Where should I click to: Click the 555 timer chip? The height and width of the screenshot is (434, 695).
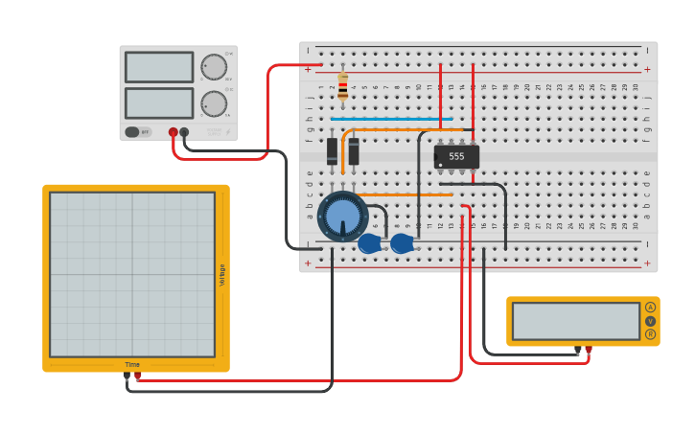[456, 156]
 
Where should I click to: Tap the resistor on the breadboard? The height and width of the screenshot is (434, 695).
[343, 87]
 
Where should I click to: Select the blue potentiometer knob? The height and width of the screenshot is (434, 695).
[342, 216]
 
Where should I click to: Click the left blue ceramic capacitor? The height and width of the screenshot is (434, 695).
[369, 244]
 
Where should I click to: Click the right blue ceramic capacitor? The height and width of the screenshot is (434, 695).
[402, 244]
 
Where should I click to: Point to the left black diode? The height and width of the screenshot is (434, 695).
[333, 150]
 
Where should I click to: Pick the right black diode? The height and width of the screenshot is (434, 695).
[354, 150]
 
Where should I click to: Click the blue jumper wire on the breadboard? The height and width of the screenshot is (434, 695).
[391, 120]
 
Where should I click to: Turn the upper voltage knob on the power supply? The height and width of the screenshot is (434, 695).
[214, 67]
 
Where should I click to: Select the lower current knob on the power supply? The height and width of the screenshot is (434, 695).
[214, 103]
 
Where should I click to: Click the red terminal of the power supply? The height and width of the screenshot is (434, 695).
[174, 132]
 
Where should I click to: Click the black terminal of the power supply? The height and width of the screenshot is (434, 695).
[184, 132]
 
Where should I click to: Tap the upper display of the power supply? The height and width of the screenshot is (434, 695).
[159, 67]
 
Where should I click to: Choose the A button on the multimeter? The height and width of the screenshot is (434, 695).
[650, 308]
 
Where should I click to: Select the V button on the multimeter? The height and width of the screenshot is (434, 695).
[650, 321]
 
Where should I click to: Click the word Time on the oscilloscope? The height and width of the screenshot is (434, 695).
[132, 364]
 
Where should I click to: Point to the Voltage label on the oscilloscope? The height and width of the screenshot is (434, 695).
[222, 275]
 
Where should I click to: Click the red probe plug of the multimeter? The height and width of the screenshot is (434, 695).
[588, 350]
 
